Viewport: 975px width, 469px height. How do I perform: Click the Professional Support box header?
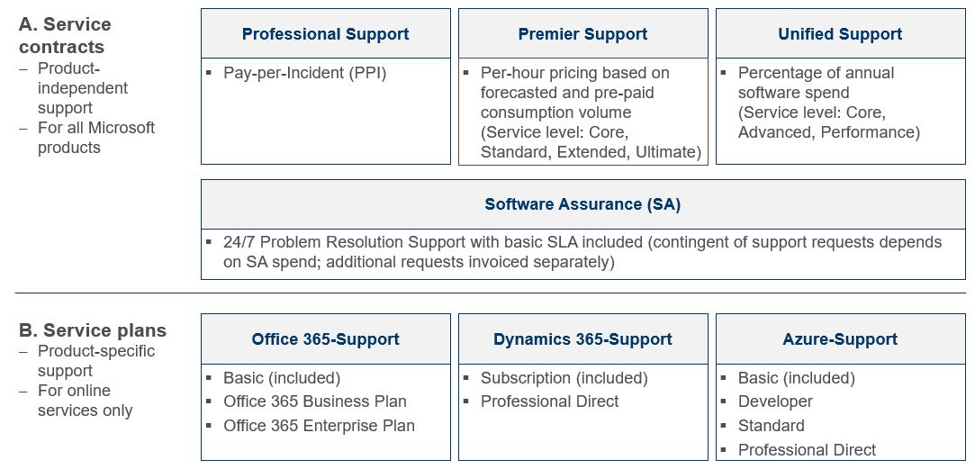pyautogui.click(x=325, y=34)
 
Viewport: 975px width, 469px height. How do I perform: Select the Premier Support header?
pyautogui.click(x=582, y=34)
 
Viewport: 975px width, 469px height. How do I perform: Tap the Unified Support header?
pyautogui.click(x=840, y=34)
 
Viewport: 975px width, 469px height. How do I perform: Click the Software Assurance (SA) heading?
pyautogui.click(x=582, y=204)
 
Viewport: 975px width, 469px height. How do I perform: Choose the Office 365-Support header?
pyautogui.click(x=325, y=339)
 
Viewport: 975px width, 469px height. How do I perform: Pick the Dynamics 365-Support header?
pyautogui.click(x=582, y=339)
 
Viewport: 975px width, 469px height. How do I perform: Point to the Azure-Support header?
pyautogui.click(x=840, y=339)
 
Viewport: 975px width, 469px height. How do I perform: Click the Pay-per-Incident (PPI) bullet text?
pyautogui.click(x=304, y=73)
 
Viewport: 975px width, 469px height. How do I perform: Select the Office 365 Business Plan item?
pyautogui.click(x=314, y=401)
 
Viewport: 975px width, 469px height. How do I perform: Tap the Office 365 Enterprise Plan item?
pyautogui.click(x=319, y=426)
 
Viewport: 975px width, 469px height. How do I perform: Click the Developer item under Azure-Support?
pyautogui.click(x=774, y=401)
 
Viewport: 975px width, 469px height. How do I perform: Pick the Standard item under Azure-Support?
pyautogui.click(x=771, y=426)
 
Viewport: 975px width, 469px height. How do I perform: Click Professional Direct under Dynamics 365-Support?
pyautogui.click(x=549, y=401)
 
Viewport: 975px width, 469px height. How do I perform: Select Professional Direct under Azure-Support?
pyautogui.click(x=807, y=450)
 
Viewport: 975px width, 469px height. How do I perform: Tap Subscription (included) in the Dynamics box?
pyautogui.click(x=564, y=378)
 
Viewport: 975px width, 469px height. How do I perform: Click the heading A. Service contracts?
pyautogui.click(x=63, y=35)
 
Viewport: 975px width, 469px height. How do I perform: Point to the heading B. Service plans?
pyautogui.click(x=93, y=330)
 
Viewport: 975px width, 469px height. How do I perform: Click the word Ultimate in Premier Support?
pyautogui.click(x=667, y=152)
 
